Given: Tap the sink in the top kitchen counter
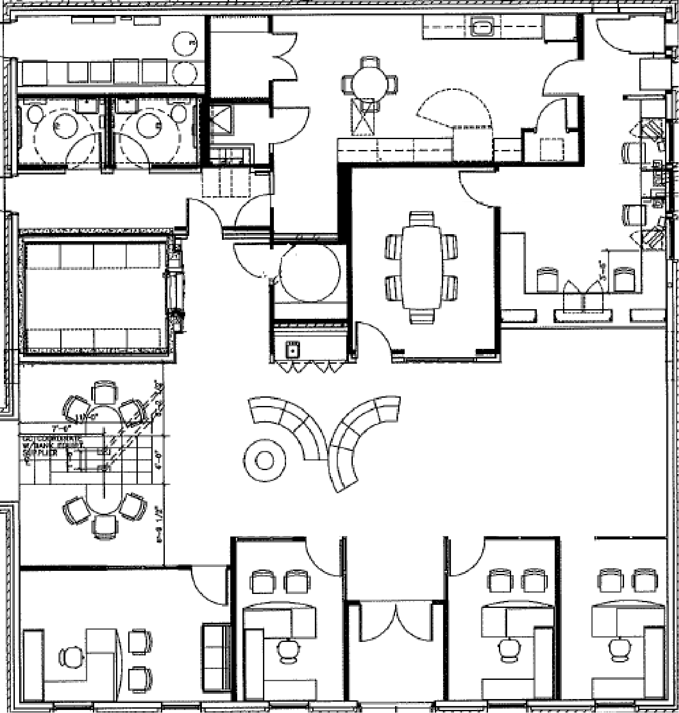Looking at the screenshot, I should [x=483, y=27].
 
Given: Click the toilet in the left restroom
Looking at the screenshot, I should [x=35, y=114].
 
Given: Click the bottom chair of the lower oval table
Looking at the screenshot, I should [x=105, y=526].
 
